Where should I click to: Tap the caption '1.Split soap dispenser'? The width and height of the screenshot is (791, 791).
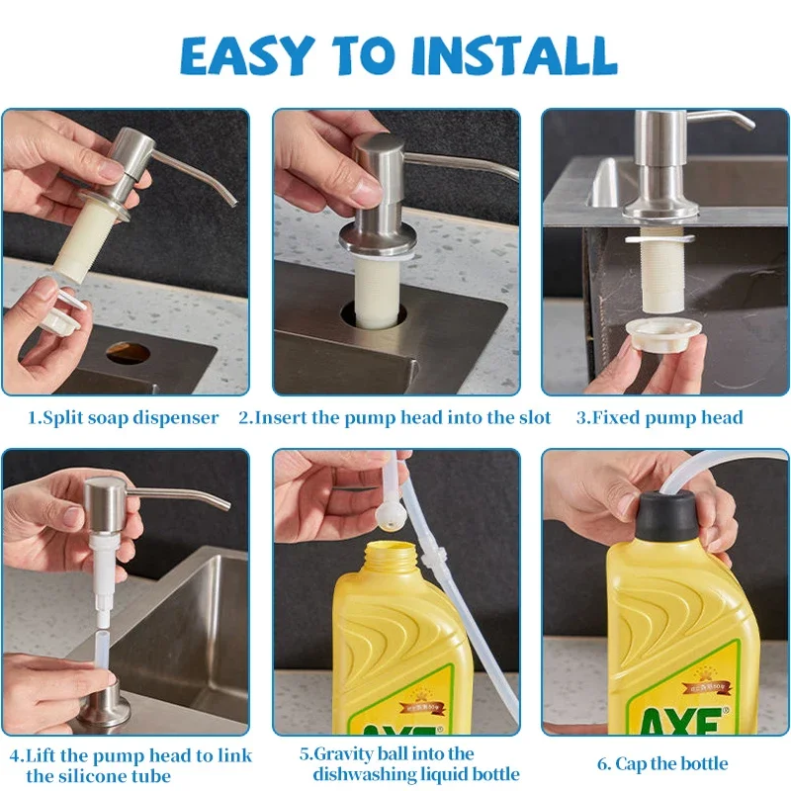tap(123, 417)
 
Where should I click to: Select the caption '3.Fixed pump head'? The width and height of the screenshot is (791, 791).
tap(659, 417)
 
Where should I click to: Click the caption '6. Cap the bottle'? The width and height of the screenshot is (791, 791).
tap(661, 763)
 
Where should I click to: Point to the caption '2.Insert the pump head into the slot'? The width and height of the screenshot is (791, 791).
tap(395, 417)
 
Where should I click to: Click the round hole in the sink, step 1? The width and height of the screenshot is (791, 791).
tap(129, 352)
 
